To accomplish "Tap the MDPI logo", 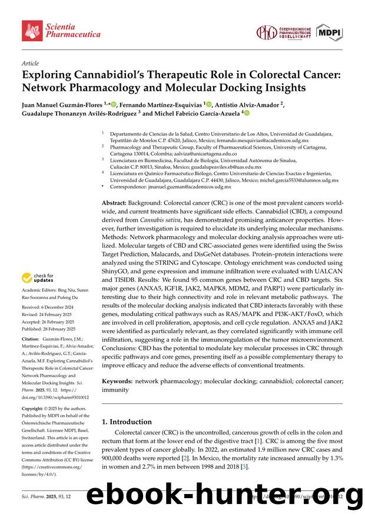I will click(x=329, y=32).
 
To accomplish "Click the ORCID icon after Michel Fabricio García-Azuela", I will click(x=247, y=113).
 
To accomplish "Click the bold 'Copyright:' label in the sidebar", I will click(x=35, y=407).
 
